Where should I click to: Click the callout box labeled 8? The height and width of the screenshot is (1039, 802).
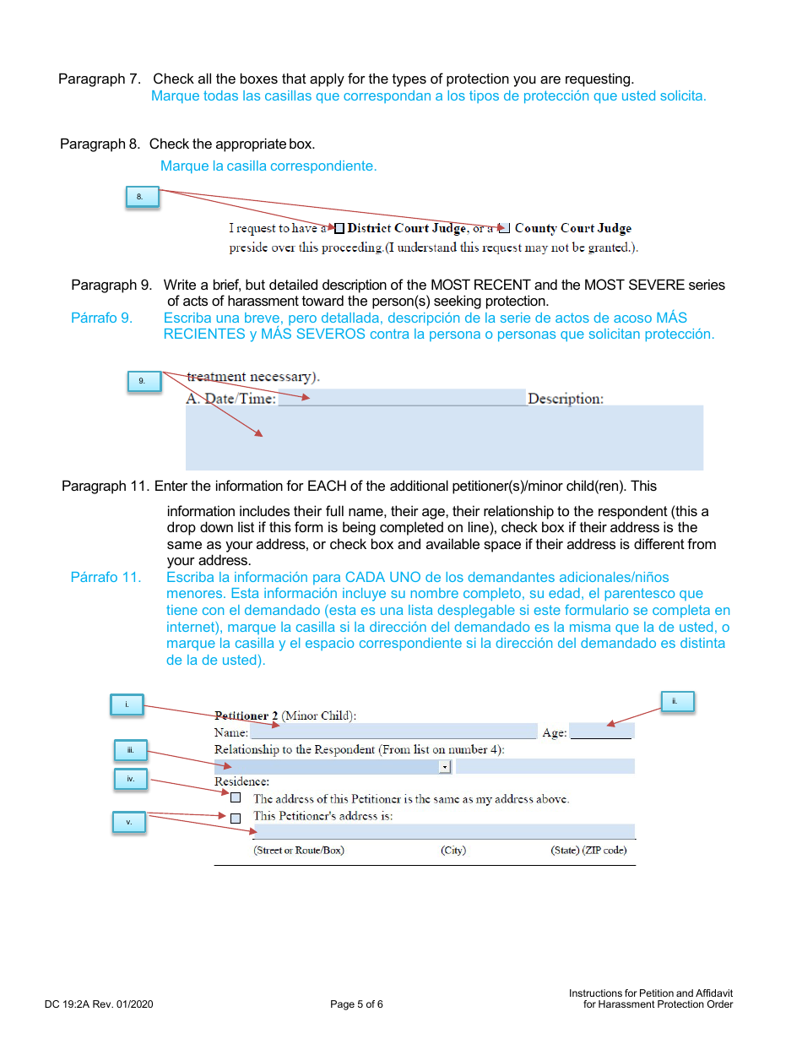click(141, 197)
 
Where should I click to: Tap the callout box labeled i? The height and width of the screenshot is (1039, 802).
click(127, 704)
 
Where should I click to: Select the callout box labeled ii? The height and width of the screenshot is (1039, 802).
click(676, 701)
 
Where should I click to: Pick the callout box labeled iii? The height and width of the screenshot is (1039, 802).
click(131, 749)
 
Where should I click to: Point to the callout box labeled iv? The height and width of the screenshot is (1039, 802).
click(131, 779)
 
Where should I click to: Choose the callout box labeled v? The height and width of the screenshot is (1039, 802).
click(129, 822)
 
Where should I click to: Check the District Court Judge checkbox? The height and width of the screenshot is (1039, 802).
click(339, 228)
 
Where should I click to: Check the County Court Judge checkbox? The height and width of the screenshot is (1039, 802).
click(505, 228)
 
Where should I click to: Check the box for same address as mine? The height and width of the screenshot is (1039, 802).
click(236, 797)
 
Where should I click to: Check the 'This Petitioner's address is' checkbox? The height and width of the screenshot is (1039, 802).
click(236, 818)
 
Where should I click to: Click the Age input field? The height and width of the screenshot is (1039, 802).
click(601, 732)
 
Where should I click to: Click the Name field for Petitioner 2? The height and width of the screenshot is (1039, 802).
click(393, 732)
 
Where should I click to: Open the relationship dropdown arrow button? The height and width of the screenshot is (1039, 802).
click(445, 766)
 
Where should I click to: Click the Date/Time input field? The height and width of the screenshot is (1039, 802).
click(402, 398)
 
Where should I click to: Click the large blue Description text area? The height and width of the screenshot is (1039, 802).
click(444, 438)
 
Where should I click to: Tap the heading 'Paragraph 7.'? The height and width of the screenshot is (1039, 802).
click(99, 79)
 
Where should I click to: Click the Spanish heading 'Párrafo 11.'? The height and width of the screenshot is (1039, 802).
click(106, 578)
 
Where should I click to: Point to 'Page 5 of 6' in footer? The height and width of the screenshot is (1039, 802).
click(356, 1004)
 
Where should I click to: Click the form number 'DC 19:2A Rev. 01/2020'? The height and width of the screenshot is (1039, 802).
click(99, 1004)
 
